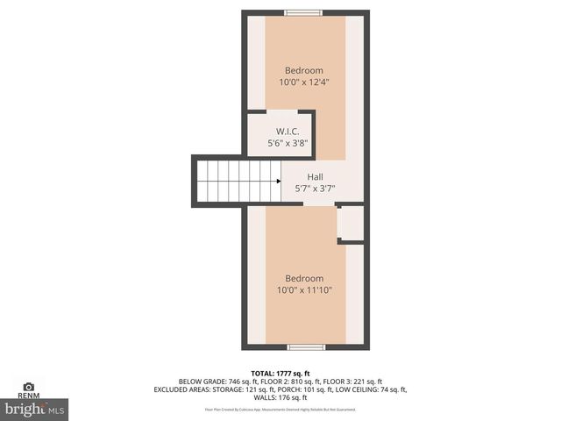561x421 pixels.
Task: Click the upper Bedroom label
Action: point(304,71)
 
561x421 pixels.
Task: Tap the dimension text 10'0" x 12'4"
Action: point(304,82)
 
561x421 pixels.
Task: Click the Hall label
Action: point(315,177)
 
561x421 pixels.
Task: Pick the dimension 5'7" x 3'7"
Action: point(315,189)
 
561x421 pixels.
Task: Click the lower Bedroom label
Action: point(304,279)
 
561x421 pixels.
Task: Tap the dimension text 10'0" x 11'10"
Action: point(304,290)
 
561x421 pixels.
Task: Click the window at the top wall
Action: point(303,12)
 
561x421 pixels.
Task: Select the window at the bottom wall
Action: point(306,347)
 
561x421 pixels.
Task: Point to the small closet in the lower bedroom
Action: point(352,225)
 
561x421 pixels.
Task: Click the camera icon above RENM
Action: point(28,387)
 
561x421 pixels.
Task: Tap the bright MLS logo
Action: point(35,409)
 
